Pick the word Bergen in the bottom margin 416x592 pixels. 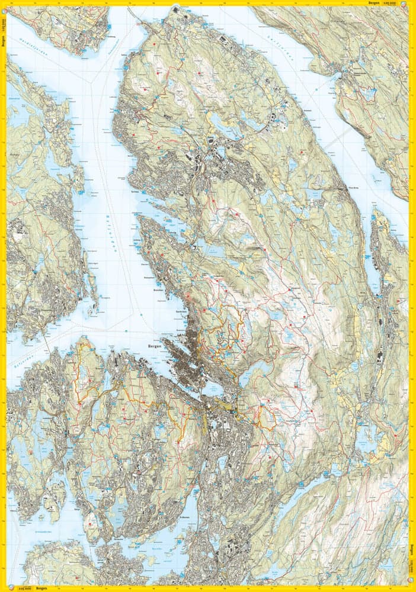click(40, 589)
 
